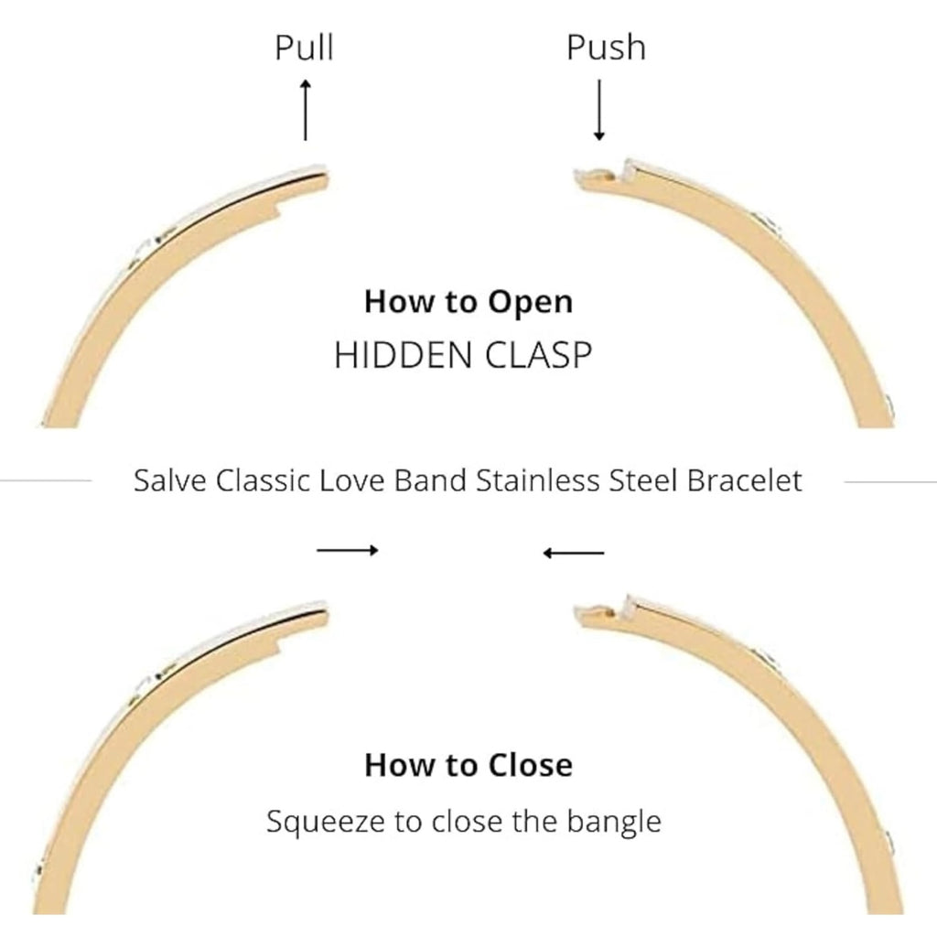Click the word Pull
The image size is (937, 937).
(305, 48)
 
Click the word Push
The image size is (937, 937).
(605, 48)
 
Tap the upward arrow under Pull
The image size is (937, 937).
(306, 109)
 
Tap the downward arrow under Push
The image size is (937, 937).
(598, 109)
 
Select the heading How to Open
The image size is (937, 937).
(468, 301)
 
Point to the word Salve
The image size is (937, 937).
(170, 480)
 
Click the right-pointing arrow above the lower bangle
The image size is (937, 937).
(348, 550)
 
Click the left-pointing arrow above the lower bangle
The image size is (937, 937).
(574, 552)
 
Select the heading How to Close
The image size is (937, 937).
(468, 764)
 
